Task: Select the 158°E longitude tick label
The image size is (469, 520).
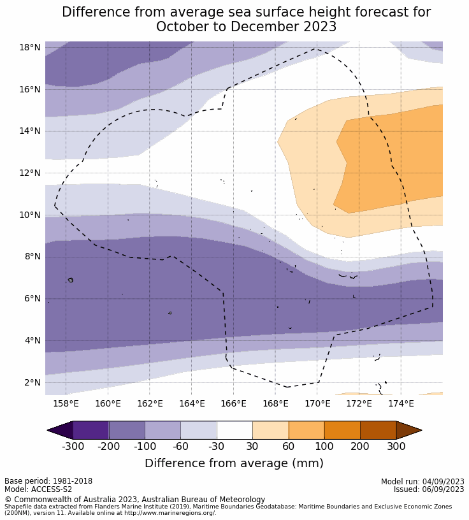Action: tap(66, 403)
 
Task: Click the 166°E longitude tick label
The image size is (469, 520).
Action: tap(233, 403)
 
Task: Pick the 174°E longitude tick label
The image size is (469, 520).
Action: tap(401, 403)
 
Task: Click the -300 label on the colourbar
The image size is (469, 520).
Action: tap(73, 446)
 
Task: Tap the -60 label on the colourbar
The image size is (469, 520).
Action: tap(180, 446)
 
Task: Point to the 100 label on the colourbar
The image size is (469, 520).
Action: tap(324, 446)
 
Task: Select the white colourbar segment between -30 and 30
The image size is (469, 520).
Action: tap(234, 430)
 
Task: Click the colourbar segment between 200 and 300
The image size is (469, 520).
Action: tap(378, 430)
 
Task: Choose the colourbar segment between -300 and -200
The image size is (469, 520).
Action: tap(90, 430)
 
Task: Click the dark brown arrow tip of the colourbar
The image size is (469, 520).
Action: tap(408, 430)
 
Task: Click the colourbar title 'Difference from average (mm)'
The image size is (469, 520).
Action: tap(234, 463)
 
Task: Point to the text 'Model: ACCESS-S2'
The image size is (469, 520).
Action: tap(38, 489)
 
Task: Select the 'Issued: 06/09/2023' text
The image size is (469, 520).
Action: tap(429, 489)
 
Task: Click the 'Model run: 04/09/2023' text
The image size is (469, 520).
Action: tap(422, 482)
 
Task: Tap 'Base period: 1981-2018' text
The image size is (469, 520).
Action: tap(48, 482)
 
